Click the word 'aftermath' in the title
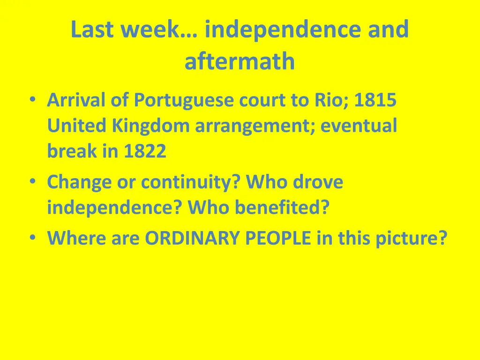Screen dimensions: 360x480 pyautogui.click(x=240, y=62)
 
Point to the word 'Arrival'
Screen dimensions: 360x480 pyautogui.click(x=77, y=100)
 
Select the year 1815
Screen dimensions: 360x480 pyautogui.click(x=375, y=100)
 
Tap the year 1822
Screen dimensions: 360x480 pyautogui.click(x=145, y=151)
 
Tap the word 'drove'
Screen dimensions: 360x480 pyautogui.click(x=318, y=182)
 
